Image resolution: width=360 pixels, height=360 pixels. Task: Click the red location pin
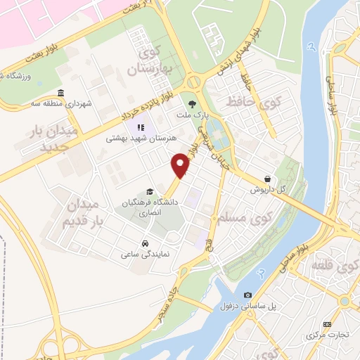181,165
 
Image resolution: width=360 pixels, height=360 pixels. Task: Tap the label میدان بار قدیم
84,212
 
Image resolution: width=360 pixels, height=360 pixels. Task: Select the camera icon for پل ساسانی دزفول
247,295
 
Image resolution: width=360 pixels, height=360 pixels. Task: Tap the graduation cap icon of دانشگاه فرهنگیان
148,191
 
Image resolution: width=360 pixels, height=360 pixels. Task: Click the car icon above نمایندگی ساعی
144,243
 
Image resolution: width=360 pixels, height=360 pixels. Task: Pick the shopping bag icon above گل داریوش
267,179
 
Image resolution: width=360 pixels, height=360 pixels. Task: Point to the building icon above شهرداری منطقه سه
60,94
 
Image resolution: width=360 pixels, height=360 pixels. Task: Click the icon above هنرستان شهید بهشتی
139,127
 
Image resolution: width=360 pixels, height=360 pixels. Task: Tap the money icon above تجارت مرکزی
327,323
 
